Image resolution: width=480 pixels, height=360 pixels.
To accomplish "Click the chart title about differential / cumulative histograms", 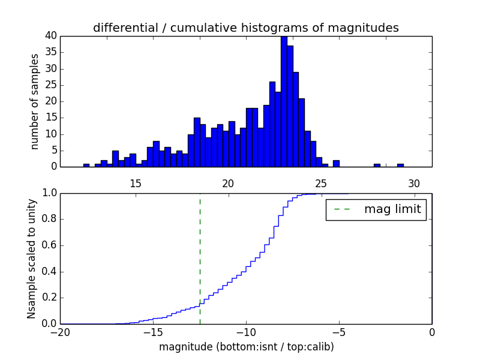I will (x=245, y=28).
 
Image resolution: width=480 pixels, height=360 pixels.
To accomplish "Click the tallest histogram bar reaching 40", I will (x=284, y=102).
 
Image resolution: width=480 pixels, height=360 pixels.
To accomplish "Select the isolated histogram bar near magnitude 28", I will (x=377, y=165).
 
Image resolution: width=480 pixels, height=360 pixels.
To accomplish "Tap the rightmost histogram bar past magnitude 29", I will (x=400, y=165).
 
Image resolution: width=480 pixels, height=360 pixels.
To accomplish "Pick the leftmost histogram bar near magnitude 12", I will (x=86, y=165).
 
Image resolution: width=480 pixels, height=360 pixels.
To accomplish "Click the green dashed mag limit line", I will (x=200, y=258).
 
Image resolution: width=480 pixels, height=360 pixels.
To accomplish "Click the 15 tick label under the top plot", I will (x=135, y=184).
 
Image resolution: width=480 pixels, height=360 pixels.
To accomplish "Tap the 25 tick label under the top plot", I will (x=321, y=184).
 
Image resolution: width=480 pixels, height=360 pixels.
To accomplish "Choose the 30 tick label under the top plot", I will (x=414, y=184).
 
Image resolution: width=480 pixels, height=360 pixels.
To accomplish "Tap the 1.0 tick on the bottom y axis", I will (x=49, y=193).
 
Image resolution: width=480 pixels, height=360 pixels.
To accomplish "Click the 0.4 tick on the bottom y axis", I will (x=49, y=272).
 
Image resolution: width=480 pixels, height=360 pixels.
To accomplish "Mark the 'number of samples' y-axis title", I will (x=35, y=101).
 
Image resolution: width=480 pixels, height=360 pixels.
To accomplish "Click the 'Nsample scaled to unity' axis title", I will (x=31, y=258).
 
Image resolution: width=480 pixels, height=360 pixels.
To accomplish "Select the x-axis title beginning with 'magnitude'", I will (x=246, y=347).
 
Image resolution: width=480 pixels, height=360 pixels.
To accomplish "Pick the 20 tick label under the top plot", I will (x=228, y=184).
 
